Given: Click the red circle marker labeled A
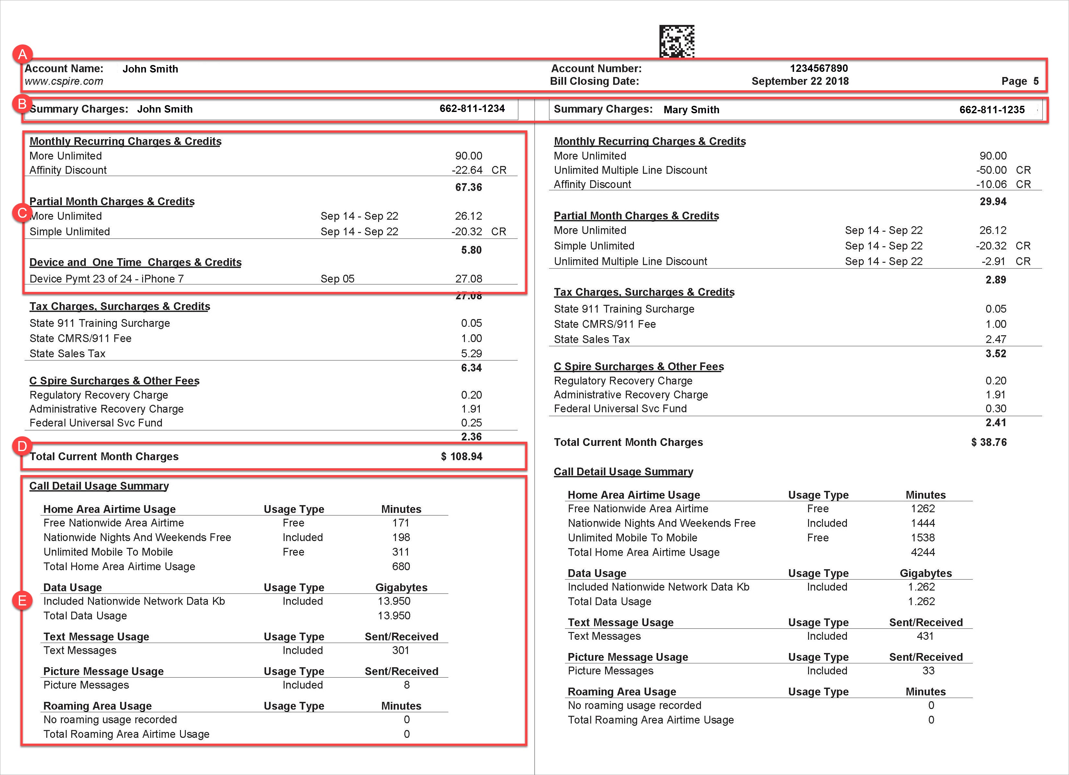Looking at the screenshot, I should coord(22,55).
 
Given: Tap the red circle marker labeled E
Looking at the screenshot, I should coord(22,600).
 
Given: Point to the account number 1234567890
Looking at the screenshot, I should coord(819,68).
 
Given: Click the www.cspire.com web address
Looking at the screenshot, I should coord(64,81).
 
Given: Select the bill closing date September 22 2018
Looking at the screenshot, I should coord(800,81).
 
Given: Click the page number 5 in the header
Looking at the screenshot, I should coord(1036,81).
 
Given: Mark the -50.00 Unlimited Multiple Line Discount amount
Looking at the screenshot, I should coord(991,170).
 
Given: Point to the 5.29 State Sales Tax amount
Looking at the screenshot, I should coord(471,353).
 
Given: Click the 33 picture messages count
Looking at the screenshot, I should coord(928,670).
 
